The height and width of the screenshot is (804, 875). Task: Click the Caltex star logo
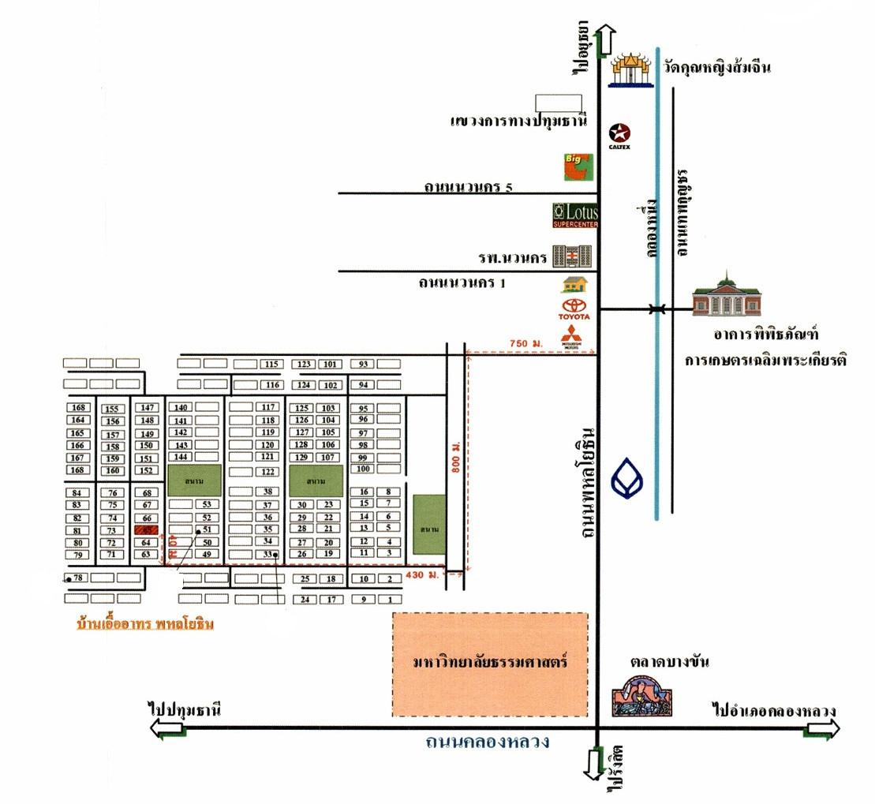point(620,133)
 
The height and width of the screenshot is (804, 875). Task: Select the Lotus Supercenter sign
point(576,215)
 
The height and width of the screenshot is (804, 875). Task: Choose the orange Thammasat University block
point(491,664)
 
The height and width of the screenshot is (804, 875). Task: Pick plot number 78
point(77,578)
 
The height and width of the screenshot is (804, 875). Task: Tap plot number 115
point(272,364)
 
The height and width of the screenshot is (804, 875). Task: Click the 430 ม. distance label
point(419,576)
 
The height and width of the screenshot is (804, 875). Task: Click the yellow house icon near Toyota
point(574,284)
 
